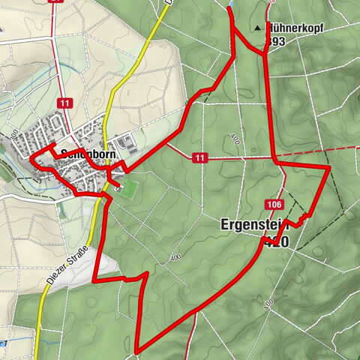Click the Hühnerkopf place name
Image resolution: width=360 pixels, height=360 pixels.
point(295,28)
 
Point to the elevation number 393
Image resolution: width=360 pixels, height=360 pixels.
point(275,42)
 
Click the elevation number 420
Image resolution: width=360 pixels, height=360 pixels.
point(277,241)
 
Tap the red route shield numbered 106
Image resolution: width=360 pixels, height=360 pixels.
point(273,204)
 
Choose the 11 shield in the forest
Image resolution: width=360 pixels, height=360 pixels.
point(199,157)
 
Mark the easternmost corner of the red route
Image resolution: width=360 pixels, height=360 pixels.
point(328,169)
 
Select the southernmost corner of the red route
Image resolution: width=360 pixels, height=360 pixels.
point(139,349)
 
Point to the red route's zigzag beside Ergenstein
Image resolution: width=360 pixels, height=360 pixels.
point(301,219)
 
